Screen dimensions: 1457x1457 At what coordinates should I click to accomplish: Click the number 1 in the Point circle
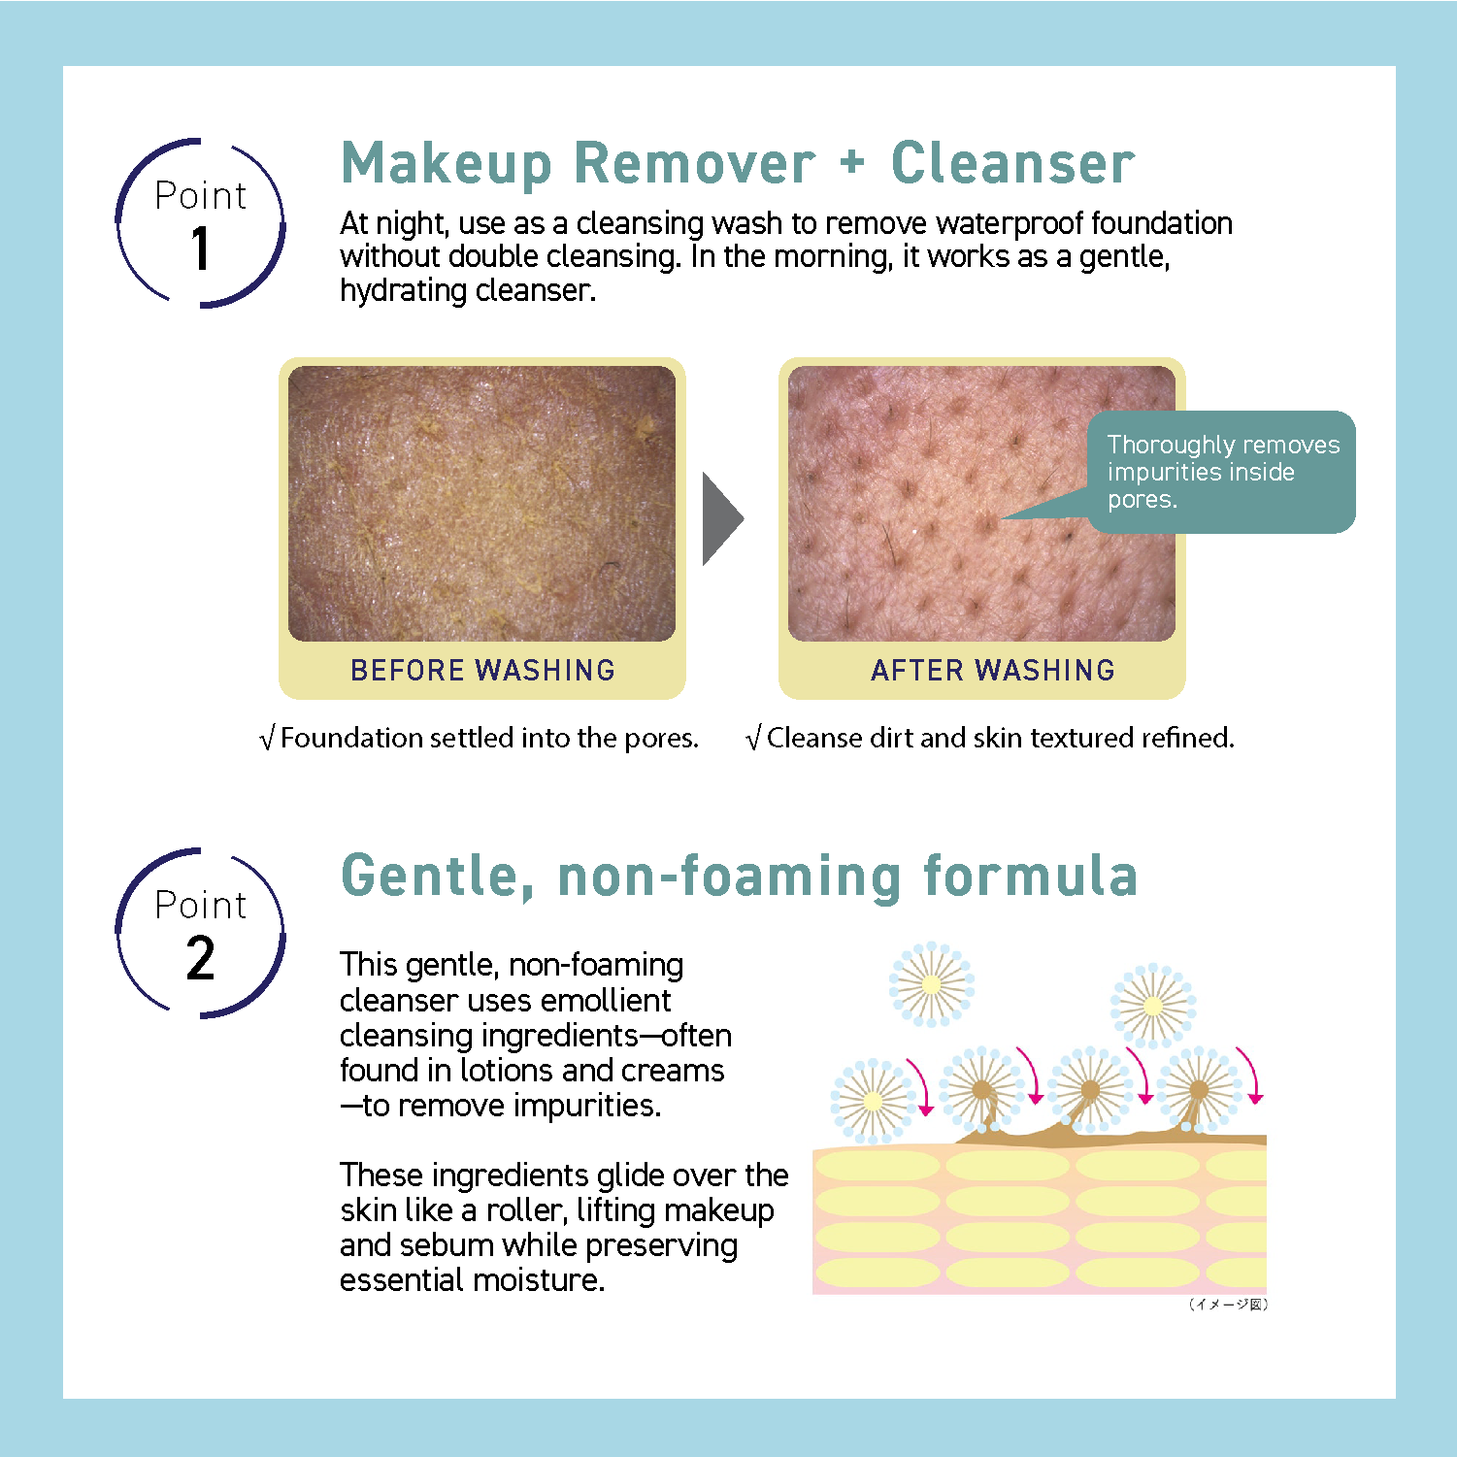[x=201, y=248]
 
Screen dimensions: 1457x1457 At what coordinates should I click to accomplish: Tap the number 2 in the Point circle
[x=201, y=958]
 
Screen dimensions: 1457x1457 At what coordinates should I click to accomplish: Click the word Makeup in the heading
[x=447, y=163]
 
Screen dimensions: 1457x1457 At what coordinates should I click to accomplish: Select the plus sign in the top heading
[x=852, y=161]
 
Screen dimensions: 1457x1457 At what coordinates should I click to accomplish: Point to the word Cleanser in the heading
[x=1012, y=163]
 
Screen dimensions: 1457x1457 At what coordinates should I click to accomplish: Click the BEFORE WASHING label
[x=482, y=670]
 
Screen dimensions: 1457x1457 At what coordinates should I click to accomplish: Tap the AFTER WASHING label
[x=992, y=670]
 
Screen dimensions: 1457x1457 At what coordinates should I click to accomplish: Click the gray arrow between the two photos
[x=721, y=518]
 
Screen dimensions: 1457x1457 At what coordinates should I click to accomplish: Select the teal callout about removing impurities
[x=1220, y=472]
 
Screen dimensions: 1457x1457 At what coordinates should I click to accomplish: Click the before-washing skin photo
[x=481, y=503]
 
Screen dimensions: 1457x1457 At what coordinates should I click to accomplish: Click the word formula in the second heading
[x=1030, y=876]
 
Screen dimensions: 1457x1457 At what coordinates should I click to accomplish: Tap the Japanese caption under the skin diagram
[x=1228, y=1304]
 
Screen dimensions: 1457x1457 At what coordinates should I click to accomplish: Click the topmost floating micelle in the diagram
[x=932, y=984]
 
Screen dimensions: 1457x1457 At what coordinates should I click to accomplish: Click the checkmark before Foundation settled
[x=267, y=739]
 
